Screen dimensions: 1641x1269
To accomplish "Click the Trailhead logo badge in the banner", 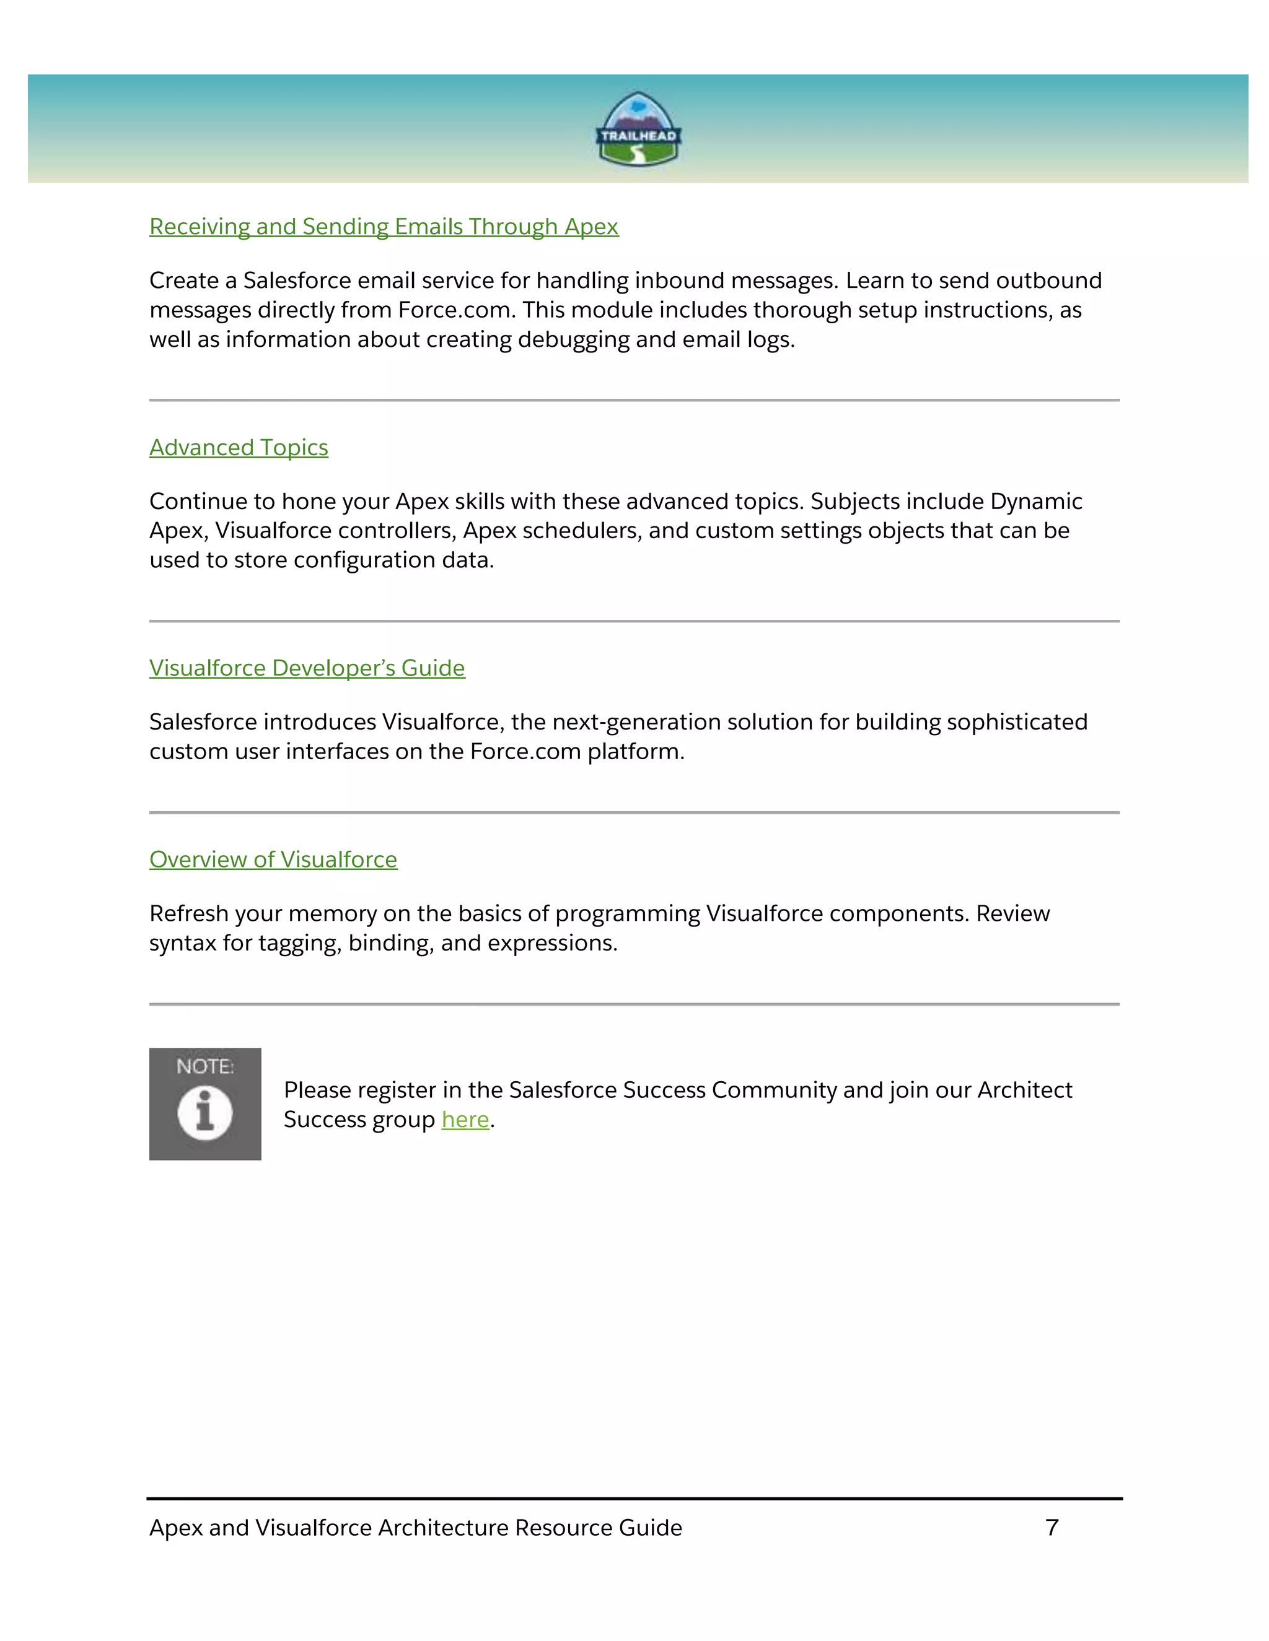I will tap(638, 129).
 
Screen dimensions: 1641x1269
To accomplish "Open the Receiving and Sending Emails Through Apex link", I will tap(384, 226).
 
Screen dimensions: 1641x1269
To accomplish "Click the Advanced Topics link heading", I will tap(239, 447).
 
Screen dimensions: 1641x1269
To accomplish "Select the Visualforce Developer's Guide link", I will tap(307, 668).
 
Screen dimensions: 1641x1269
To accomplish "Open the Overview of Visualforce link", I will tap(273, 860).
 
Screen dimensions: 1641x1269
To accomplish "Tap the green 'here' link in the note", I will tap(465, 1120).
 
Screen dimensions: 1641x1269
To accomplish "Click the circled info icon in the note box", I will tap(204, 1113).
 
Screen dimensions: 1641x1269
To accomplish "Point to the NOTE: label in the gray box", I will tap(204, 1066).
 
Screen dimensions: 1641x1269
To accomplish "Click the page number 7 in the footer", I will tap(1052, 1528).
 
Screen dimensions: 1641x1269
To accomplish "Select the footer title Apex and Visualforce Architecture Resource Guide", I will tap(415, 1528).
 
